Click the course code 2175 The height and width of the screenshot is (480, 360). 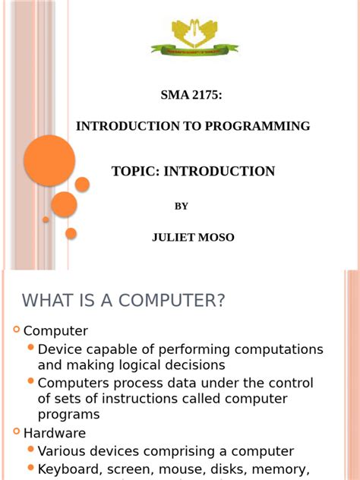(205, 95)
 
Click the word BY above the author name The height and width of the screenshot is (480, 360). (182, 206)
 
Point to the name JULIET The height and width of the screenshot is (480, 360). (174, 238)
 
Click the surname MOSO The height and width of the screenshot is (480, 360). (217, 238)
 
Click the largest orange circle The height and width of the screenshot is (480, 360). (49, 160)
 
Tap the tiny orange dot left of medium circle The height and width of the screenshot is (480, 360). (46, 219)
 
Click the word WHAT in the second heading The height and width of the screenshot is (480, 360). (47, 301)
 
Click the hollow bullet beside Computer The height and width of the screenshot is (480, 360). (16, 330)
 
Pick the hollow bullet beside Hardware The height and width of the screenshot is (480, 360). (16, 431)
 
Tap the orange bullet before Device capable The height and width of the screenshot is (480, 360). (30, 348)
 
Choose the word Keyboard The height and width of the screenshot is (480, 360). (69, 469)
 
